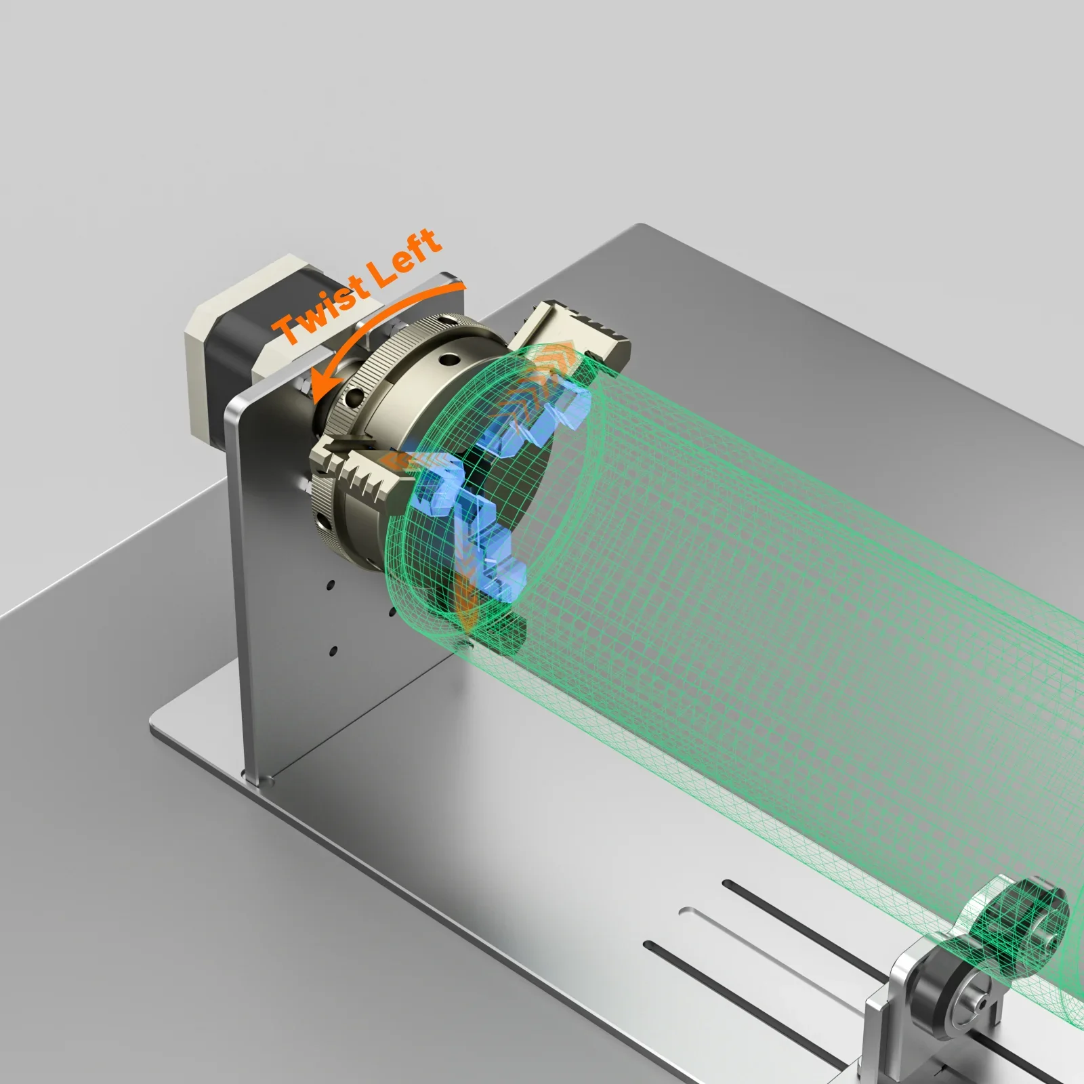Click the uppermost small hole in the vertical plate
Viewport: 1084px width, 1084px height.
[330, 583]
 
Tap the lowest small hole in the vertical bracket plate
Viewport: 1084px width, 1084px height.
[333, 652]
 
